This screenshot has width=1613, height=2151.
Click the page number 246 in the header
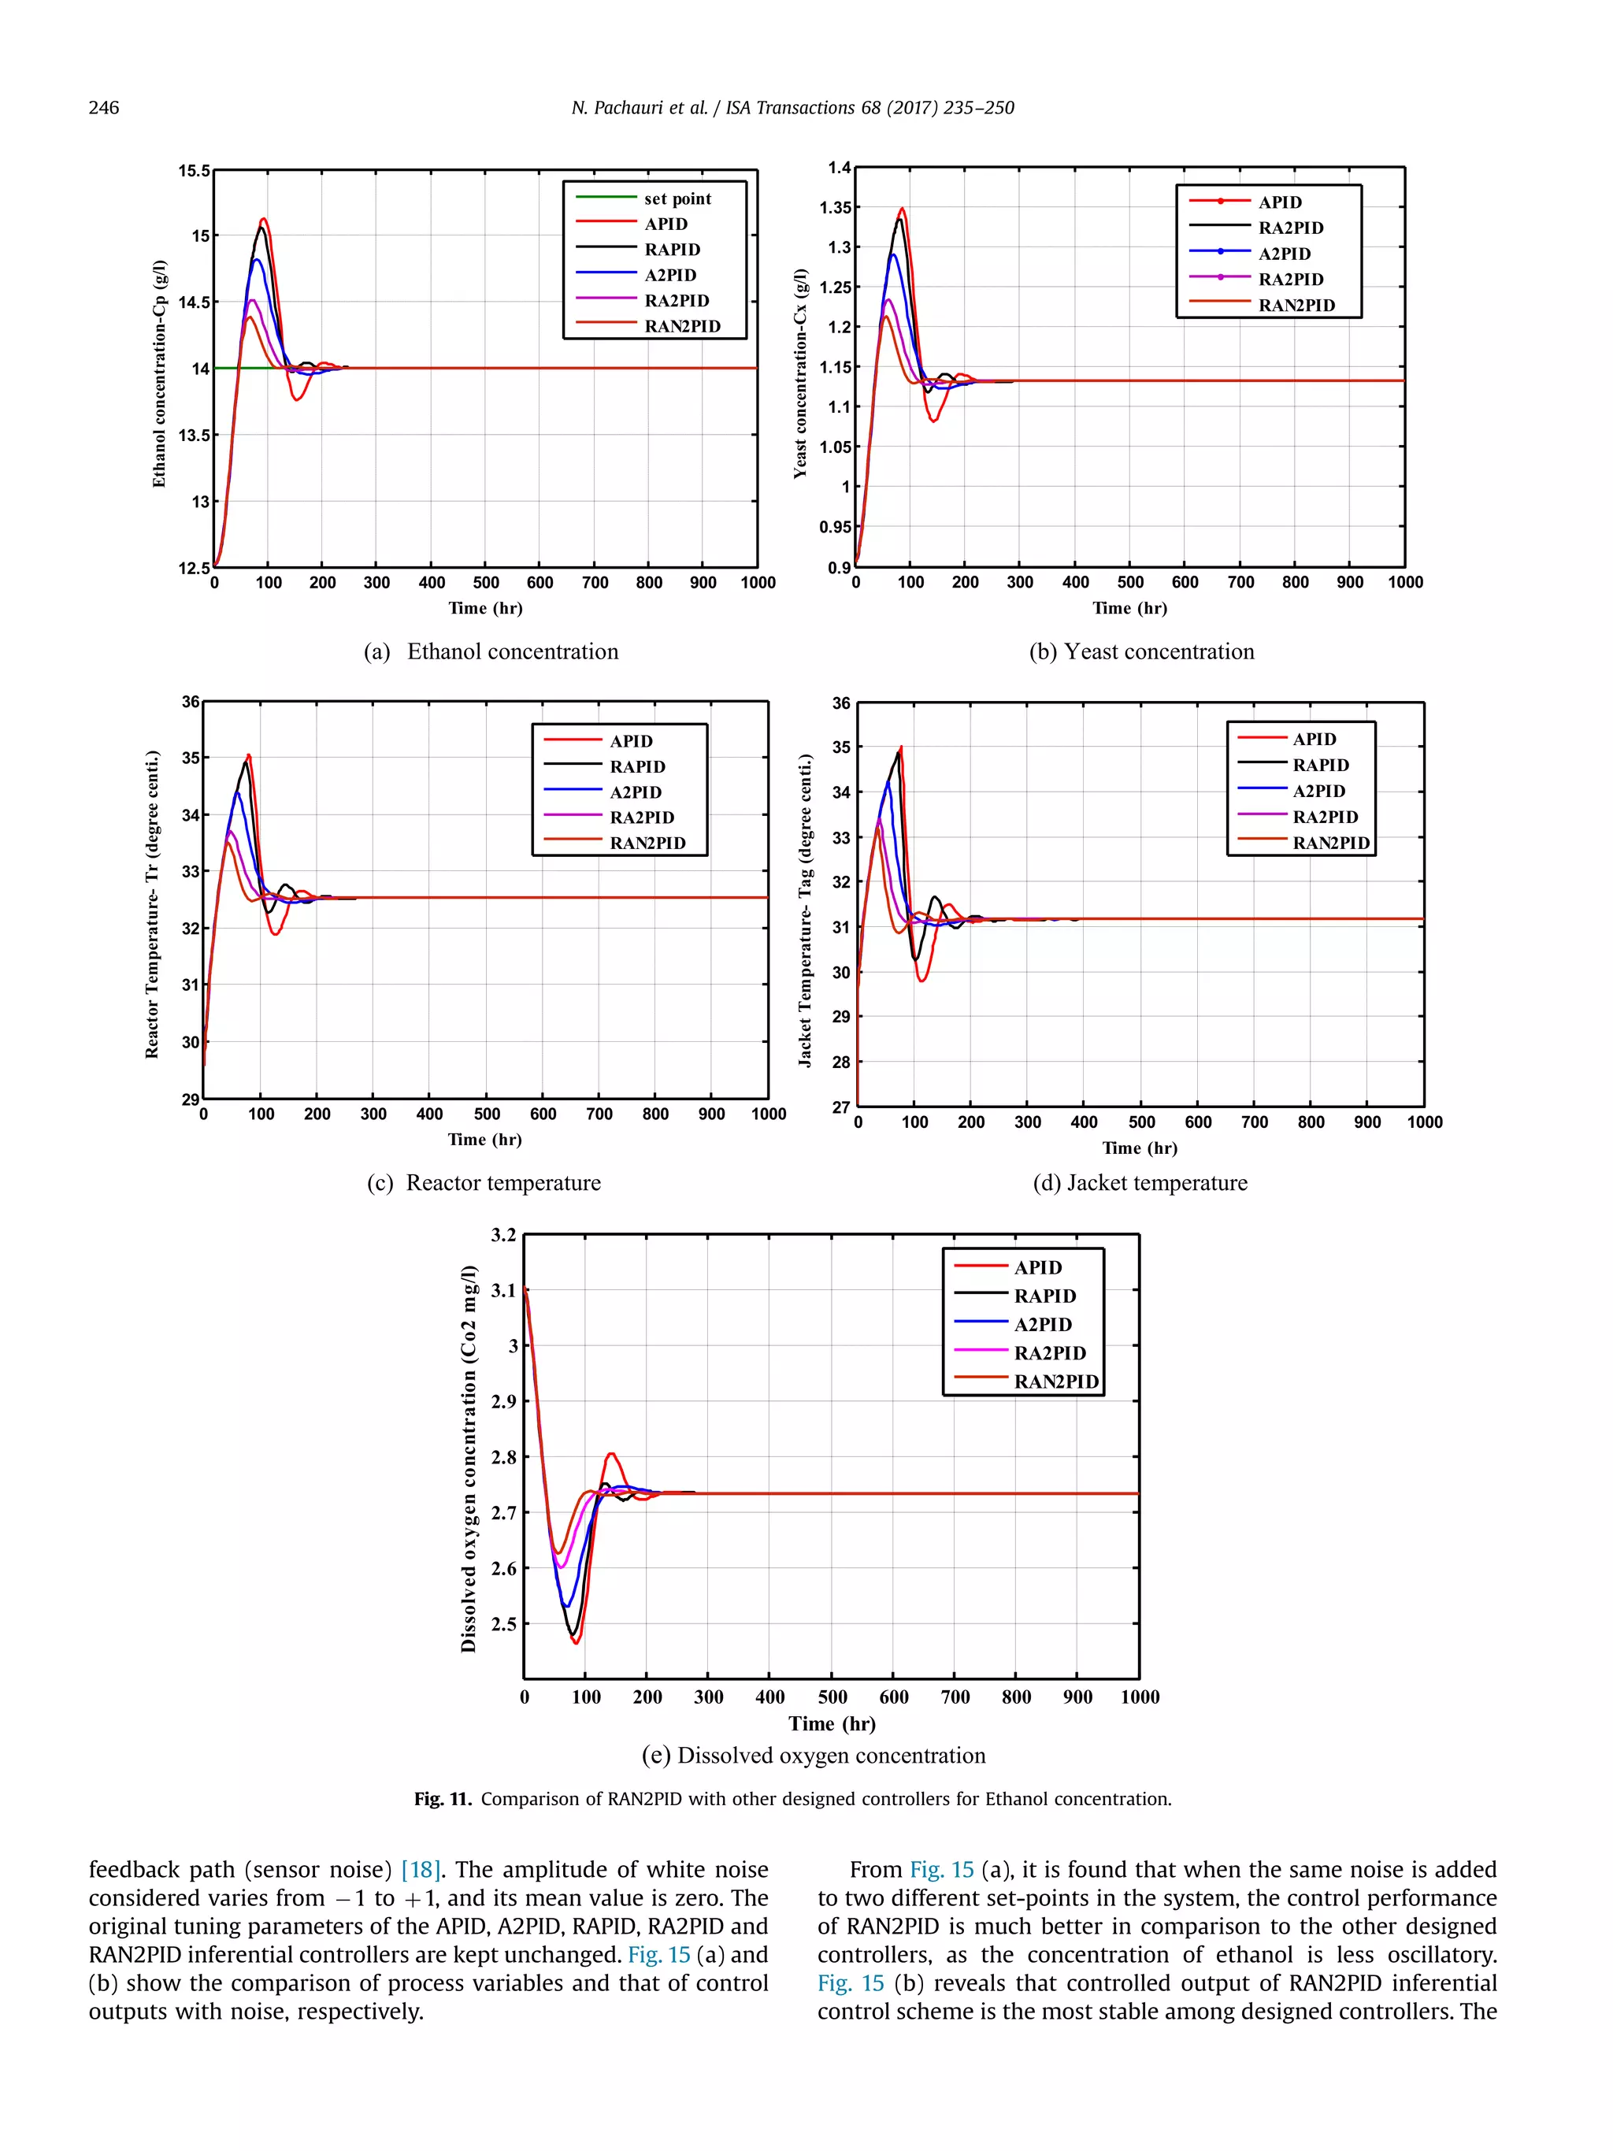(x=103, y=107)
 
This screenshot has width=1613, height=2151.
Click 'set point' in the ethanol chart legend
(x=677, y=198)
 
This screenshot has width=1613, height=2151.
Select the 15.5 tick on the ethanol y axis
(x=194, y=171)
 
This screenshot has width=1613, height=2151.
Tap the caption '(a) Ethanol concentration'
(x=491, y=651)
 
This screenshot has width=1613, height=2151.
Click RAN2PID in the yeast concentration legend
(x=1296, y=306)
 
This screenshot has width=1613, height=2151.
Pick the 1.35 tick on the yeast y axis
(x=834, y=207)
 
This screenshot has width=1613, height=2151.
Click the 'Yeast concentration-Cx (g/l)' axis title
(x=799, y=373)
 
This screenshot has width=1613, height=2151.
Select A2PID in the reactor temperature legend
(x=635, y=792)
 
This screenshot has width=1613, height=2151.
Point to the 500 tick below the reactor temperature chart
(x=486, y=1114)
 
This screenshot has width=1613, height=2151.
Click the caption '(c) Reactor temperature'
(x=484, y=1182)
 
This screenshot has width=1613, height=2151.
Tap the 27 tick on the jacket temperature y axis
(x=840, y=1107)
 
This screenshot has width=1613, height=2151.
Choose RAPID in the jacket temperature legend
(x=1319, y=766)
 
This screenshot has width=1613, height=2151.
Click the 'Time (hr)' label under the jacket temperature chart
(x=1140, y=1148)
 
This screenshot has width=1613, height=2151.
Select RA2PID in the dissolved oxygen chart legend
(x=1049, y=1352)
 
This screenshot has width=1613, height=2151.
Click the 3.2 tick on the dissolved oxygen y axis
(x=503, y=1235)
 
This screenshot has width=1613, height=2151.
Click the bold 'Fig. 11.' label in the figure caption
(x=443, y=1799)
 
